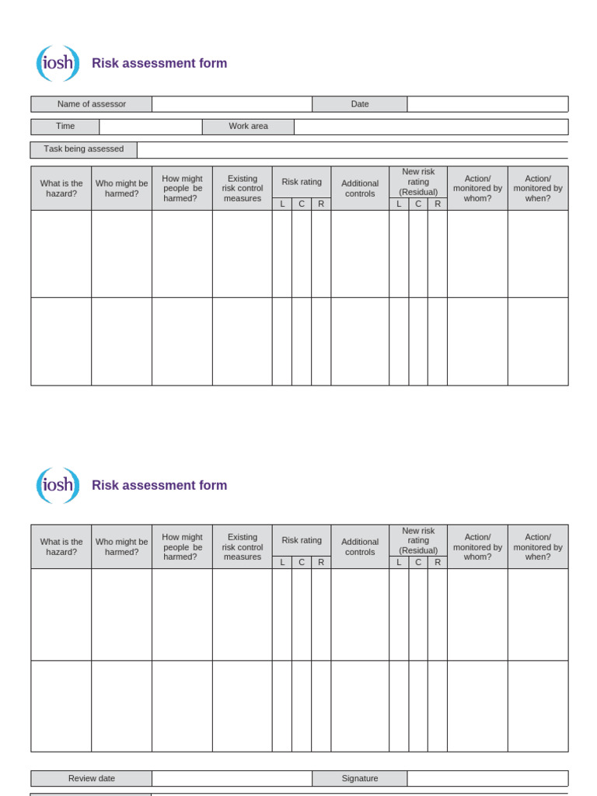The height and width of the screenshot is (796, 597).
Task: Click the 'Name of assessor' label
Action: [91, 104]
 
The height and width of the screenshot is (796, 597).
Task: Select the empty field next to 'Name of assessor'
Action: [232, 104]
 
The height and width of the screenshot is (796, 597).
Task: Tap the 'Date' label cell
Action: [359, 104]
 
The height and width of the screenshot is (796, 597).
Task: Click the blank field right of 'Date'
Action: [487, 104]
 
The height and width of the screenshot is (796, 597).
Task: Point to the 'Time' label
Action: [65, 127]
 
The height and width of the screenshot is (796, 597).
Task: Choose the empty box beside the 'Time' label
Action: [151, 127]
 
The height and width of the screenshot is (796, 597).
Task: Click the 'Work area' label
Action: [248, 127]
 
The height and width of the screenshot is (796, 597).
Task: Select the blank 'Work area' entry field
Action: [431, 127]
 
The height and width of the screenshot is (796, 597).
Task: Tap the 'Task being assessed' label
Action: [84, 149]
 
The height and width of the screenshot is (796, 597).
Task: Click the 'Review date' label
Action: [91, 778]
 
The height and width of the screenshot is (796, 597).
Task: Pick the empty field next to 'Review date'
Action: [232, 778]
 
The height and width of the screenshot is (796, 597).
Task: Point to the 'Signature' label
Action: [359, 778]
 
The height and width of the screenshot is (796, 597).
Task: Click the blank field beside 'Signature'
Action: [487, 778]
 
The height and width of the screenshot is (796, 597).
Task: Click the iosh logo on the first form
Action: [58, 64]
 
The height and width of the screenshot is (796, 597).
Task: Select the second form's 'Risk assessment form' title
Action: [159, 485]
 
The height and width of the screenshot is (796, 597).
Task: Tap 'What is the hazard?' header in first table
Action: [61, 189]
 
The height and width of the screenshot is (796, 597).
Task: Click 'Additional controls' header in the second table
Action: [360, 547]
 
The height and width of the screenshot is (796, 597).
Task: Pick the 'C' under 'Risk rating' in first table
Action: [302, 204]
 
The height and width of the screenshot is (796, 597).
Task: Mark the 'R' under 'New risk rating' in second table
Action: [438, 562]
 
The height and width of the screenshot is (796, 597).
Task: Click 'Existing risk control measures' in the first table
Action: [242, 189]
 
